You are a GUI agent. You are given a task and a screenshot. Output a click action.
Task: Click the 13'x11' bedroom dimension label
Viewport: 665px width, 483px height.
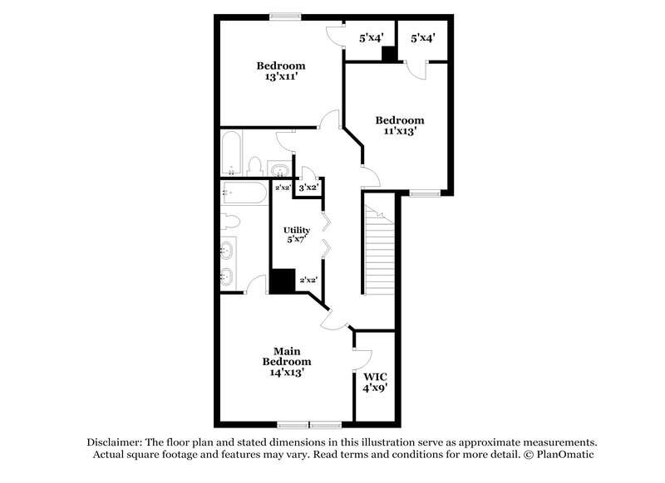click(280, 77)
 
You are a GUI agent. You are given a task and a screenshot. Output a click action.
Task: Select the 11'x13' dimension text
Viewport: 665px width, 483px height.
click(399, 131)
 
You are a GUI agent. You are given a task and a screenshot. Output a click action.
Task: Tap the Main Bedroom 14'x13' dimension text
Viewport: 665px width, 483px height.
click(287, 373)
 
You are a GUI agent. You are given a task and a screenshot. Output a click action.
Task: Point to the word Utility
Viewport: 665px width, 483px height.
click(296, 230)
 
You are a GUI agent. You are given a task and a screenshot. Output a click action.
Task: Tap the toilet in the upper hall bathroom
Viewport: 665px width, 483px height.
click(257, 164)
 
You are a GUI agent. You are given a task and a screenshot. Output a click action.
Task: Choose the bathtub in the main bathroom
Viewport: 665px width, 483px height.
click(244, 194)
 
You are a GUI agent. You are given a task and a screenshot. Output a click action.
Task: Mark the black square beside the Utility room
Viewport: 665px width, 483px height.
click(283, 281)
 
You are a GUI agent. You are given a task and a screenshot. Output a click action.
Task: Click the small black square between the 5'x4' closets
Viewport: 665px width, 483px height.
click(387, 54)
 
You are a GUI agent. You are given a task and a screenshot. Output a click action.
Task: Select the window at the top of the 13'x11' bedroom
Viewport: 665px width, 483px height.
click(284, 15)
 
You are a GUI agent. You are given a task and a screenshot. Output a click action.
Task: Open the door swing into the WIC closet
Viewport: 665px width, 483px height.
click(362, 358)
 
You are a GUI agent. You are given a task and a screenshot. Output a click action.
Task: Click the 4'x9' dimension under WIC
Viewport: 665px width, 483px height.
click(375, 388)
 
